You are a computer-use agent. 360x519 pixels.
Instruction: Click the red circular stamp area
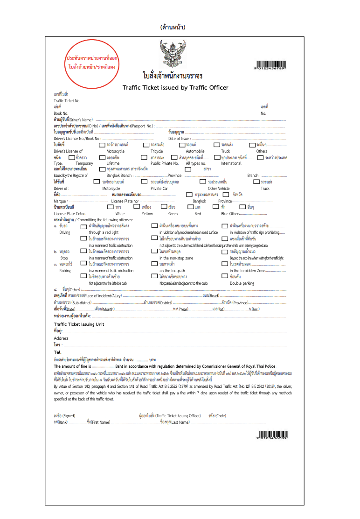click(91, 63)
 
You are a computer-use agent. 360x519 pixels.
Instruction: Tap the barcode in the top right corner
click(272, 65)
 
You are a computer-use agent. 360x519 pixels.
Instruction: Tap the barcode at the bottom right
click(272, 435)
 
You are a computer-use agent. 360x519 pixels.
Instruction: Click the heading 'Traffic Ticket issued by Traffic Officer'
click(175, 87)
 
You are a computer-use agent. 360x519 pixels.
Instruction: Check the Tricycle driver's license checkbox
click(146, 145)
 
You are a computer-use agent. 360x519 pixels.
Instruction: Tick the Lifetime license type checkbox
click(103, 157)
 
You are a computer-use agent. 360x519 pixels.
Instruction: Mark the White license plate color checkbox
click(111, 206)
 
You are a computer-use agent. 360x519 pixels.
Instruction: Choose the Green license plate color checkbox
click(164, 206)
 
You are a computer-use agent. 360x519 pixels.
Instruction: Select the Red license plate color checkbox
click(190, 206)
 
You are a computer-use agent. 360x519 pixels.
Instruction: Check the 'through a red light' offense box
click(84, 226)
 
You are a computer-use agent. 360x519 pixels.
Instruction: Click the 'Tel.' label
click(58, 352)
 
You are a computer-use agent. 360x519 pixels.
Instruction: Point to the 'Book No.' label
click(61, 113)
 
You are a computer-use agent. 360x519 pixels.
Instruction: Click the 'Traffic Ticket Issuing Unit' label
click(79, 324)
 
